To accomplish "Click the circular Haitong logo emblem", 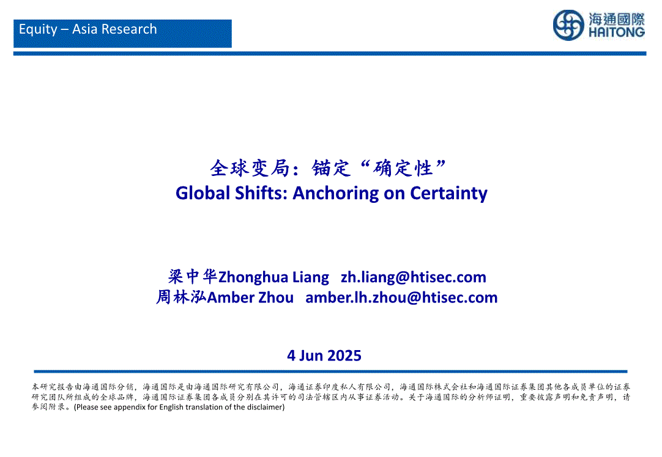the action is pyautogui.click(x=568, y=25).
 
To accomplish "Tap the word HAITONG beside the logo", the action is pyautogui.click(x=617, y=32).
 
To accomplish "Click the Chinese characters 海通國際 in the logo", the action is pyautogui.click(x=617, y=19).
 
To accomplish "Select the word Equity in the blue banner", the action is pyautogui.click(x=38, y=29).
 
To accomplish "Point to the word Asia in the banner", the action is pyautogui.click(x=85, y=29).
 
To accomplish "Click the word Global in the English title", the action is pyautogui.click(x=203, y=193).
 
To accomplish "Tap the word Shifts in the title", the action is pyautogui.click(x=261, y=193).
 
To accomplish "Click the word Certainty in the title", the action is pyautogui.click(x=448, y=194).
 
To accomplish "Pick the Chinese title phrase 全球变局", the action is pyautogui.click(x=250, y=168).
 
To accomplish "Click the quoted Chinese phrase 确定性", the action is pyautogui.click(x=403, y=168).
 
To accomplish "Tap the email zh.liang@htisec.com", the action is pyautogui.click(x=414, y=277).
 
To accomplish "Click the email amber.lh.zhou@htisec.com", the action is pyautogui.click(x=401, y=298).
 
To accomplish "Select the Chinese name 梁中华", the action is pyautogui.click(x=193, y=277).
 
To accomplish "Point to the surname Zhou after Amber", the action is pyautogui.click(x=276, y=298).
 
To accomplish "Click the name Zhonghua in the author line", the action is pyautogui.click(x=253, y=277).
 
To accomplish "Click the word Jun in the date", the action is pyautogui.click(x=311, y=356).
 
